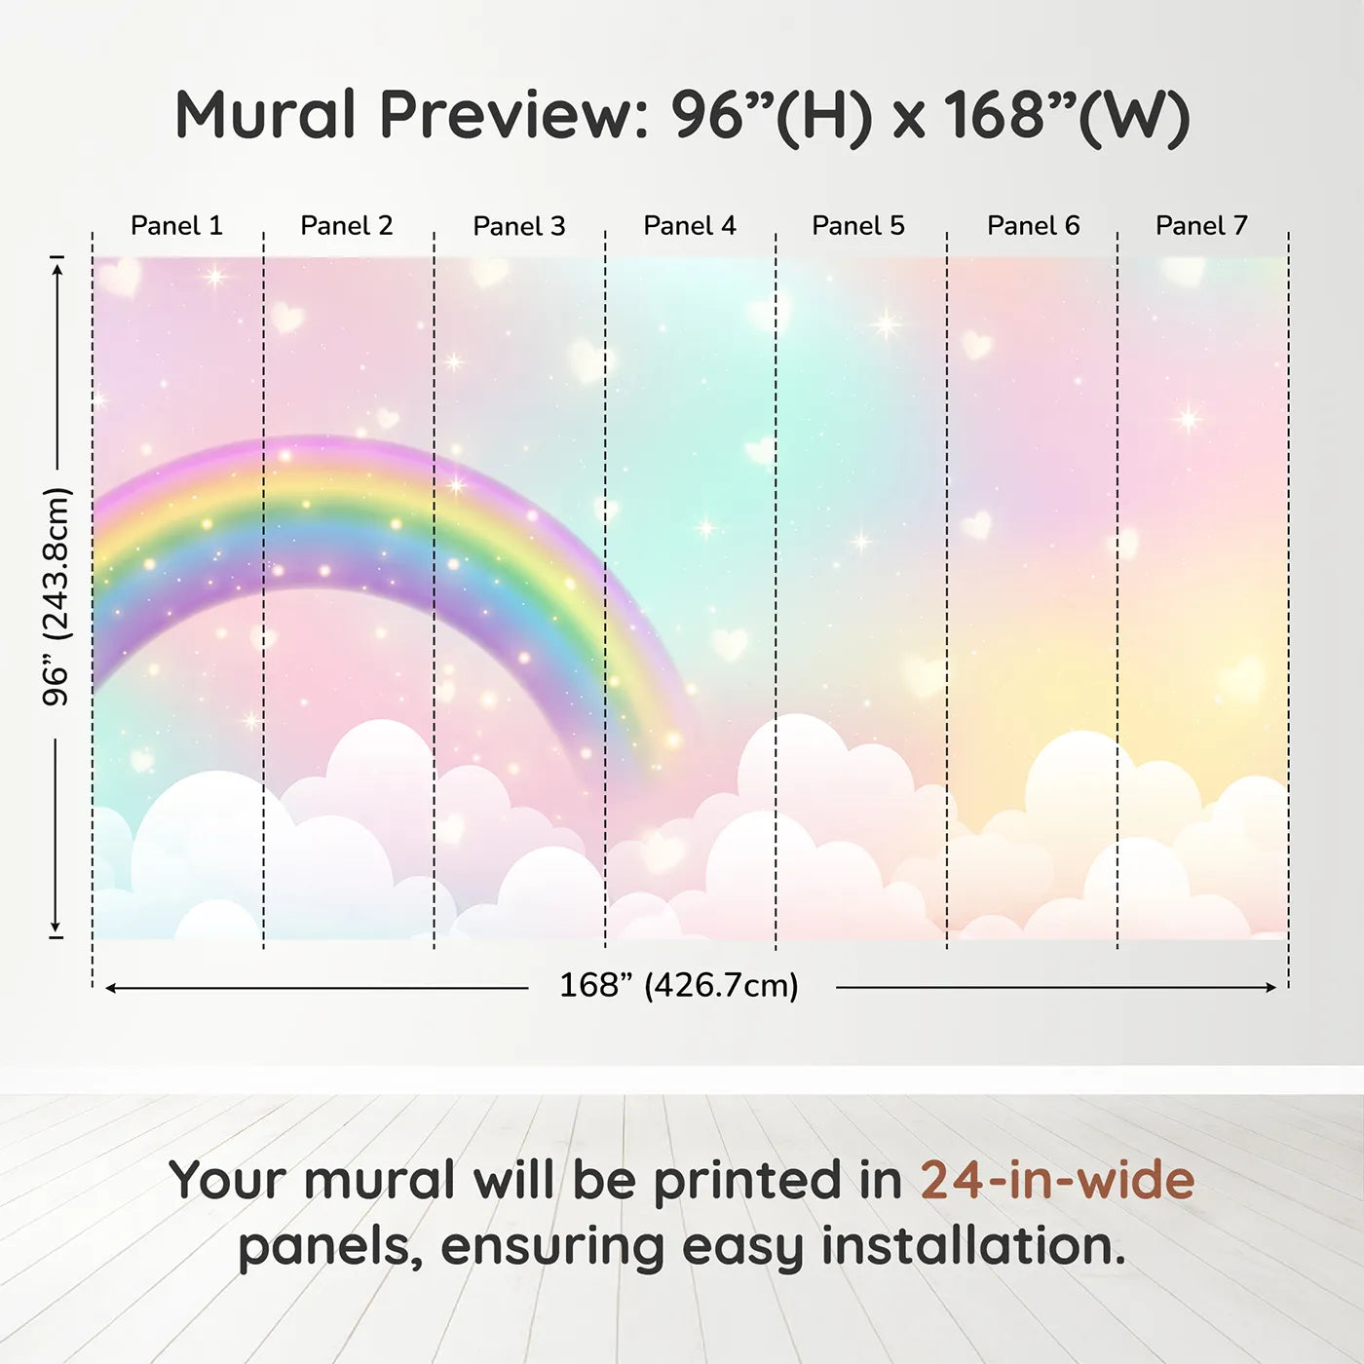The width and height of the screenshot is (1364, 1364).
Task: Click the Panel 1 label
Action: click(177, 226)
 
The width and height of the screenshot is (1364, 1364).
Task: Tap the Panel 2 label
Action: click(347, 226)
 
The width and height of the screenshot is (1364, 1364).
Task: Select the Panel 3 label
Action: click(519, 226)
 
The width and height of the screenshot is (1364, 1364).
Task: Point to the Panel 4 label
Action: click(690, 226)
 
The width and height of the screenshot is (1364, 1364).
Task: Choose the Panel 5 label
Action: click(858, 226)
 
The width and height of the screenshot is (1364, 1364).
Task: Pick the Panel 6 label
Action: click(1034, 226)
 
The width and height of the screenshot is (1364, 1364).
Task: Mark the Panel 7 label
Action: click(1201, 226)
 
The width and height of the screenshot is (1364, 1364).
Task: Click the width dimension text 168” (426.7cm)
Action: click(679, 985)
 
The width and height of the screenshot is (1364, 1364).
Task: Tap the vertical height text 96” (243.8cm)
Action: click(57, 596)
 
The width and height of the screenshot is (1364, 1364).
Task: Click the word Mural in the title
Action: click(265, 115)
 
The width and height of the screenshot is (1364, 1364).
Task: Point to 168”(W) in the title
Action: click(1068, 117)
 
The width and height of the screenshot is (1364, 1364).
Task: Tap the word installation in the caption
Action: click(973, 1246)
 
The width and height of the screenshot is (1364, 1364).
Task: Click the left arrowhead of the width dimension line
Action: click(111, 988)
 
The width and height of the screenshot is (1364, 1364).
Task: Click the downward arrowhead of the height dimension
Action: click(56, 927)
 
